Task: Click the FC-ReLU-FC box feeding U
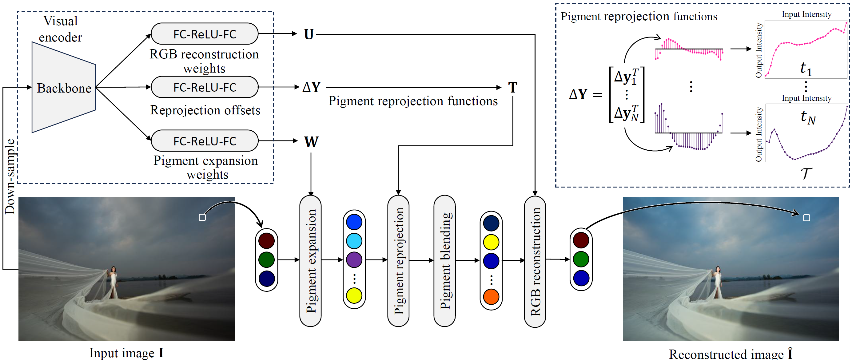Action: coord(205,34)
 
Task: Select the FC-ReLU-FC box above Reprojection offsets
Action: coord(205,87)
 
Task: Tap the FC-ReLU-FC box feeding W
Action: coord(205,141)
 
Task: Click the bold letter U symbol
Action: coord(308,34)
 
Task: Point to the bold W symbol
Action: coord(311,142)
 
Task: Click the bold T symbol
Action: coord(512,88)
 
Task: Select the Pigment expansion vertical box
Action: coord(310,260)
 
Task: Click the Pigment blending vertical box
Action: coord(444,260)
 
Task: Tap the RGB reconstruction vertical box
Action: coord(535,261)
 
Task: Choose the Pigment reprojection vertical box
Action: coord(398,260)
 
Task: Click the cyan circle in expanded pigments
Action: coord(354,241)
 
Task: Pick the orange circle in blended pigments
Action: coord(491,297)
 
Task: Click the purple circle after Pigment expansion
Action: coord(354,260)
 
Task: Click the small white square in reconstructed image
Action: coord(806,218)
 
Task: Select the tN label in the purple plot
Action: coord(808,117)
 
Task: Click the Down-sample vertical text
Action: coord(10,177)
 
